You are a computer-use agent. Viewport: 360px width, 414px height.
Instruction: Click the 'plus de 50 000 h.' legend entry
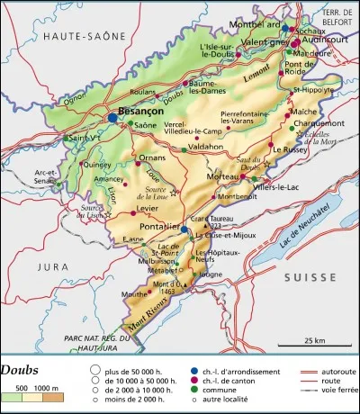(x=136, y=371)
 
